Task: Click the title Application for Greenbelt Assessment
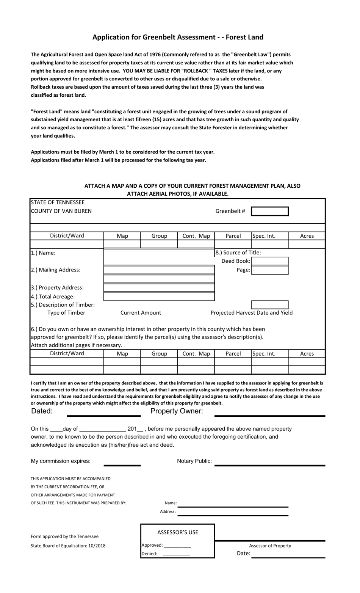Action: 178,37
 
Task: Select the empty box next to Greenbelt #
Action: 270,211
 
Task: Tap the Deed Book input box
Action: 270,261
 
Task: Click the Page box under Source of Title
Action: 270,270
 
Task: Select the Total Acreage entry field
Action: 159,296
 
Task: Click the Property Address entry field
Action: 159,288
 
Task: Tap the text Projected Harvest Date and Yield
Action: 252,313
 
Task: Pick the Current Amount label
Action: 141,313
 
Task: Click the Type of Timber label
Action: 66,313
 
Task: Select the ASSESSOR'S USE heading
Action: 178,532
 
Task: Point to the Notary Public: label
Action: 194,461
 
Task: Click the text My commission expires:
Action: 61,461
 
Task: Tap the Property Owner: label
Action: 177,411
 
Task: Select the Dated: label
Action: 42,411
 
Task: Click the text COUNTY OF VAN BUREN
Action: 61,211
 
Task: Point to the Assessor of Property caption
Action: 270,546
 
